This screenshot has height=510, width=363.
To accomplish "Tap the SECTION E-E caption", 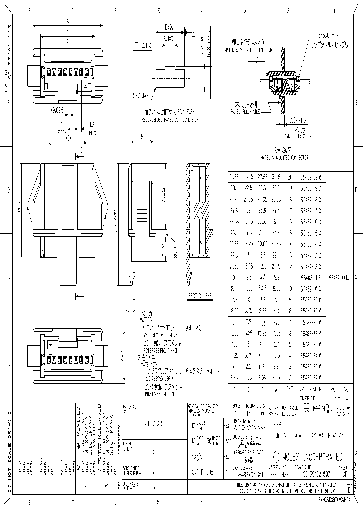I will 199,295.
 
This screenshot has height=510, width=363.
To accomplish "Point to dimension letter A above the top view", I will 67,21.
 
